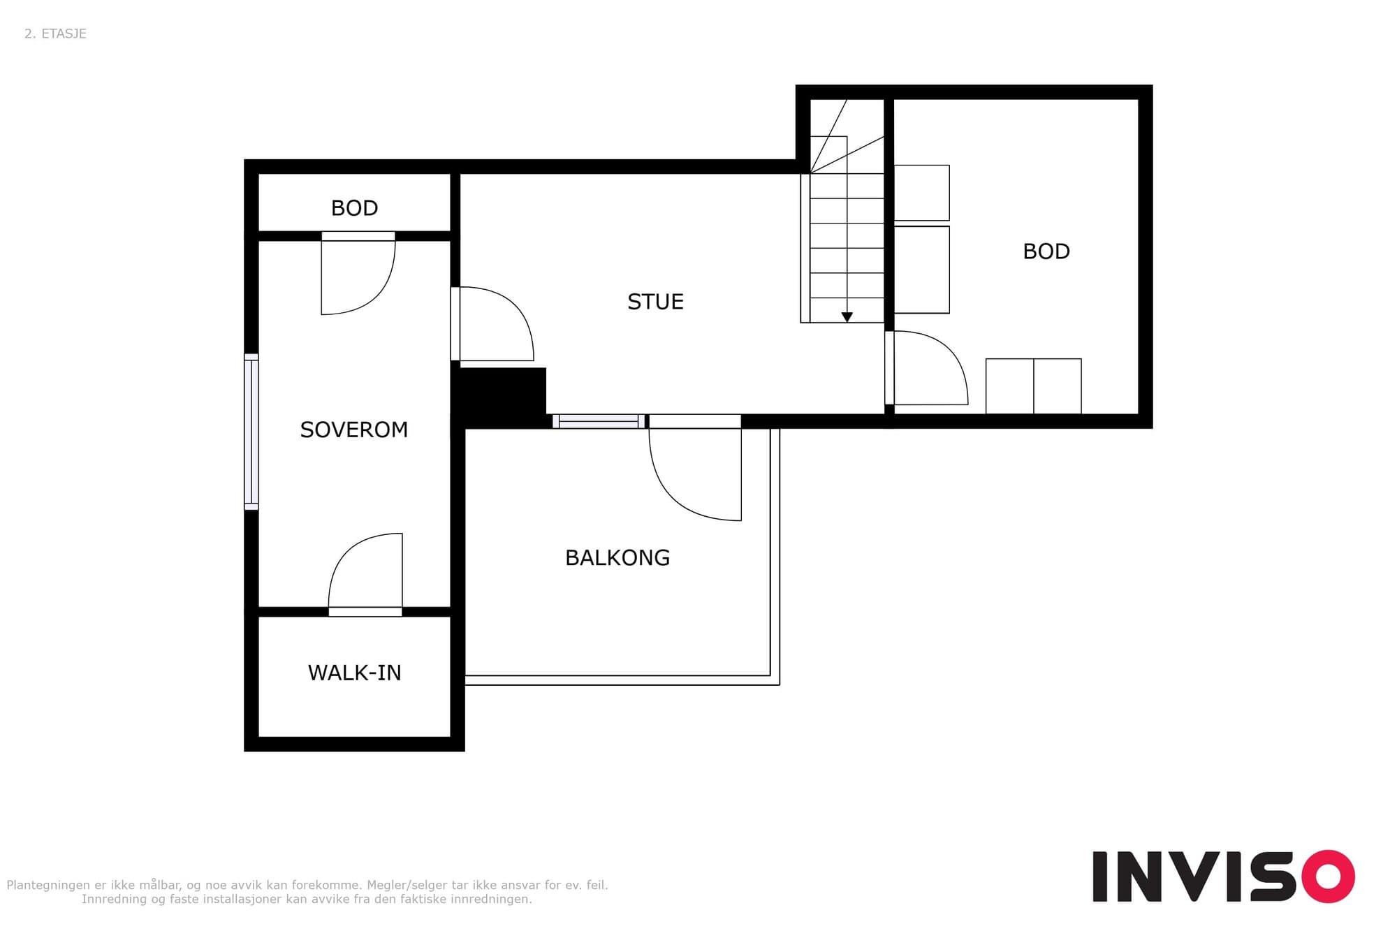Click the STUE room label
point(655,302)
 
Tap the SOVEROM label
point(354,430)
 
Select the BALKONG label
point(617,558)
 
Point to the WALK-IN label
point(355,673)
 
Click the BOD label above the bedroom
point(355,208)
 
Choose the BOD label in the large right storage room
point(1046,251)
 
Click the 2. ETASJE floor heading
point(55,34)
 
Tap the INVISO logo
point(1224,877)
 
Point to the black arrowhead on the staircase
point(847,317)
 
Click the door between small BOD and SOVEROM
point(358,273)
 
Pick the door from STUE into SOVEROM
point(492,324)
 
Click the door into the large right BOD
point(926,368)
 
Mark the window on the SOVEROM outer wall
point(251,432)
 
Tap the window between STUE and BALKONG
point(599,421)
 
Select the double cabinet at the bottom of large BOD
point(1034,386)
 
